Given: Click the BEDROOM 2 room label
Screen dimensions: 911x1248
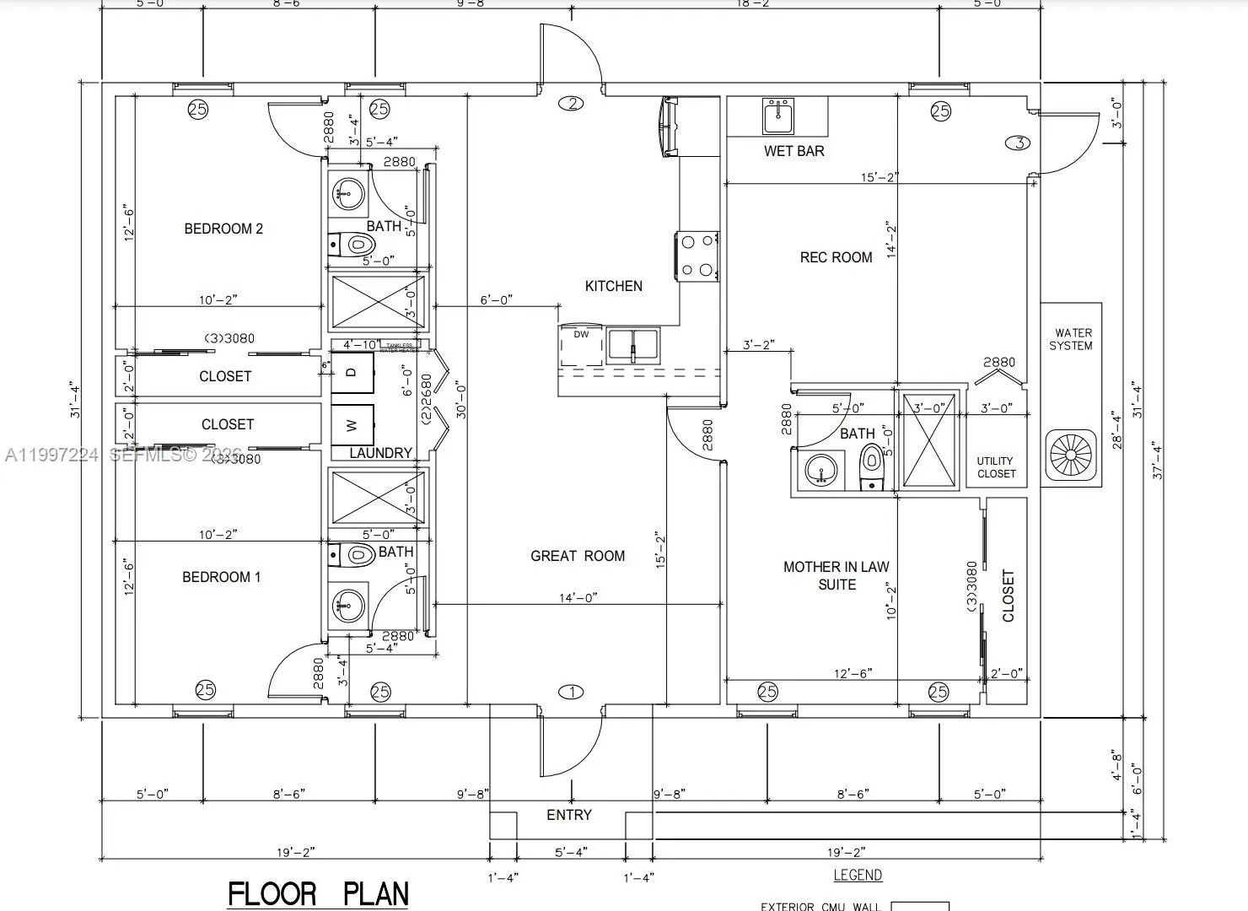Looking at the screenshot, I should pyautogui.click(x=223, y=229).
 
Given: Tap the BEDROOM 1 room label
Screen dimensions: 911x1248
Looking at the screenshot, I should pyautogui.click(x=221, y=577).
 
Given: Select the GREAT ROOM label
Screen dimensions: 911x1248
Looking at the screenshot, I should pyautogui.click(x=578, y=556).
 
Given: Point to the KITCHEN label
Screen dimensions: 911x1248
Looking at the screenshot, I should pyautogui.click(x=614, y=286).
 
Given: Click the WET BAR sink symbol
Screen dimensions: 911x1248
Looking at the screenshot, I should pyautogui.click(x=777, y=116).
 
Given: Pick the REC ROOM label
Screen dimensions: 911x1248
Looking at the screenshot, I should pyautogui.click(x=836, y=257).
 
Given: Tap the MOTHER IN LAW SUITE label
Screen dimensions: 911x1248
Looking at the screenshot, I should pyautogui.click(x=836, y=575).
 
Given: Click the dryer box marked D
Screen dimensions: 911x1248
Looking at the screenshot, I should pyautogui.click(x=352, y=372).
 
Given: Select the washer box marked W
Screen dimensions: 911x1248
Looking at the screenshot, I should pyautogui.click(x=352, y=426).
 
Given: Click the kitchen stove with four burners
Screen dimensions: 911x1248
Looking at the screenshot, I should pyautogui.click(x=697, y=256).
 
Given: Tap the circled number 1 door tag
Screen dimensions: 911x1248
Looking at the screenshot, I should pyautogui.click(x=572, y=693).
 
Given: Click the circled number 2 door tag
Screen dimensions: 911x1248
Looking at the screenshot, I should pyautogui.click(x=572, y=104).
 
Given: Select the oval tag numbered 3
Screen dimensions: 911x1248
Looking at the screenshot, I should pyautogui.click(x=1019, y=143).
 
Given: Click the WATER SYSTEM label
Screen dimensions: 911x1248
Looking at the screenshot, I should pyautogui.click(x=1071, y=339).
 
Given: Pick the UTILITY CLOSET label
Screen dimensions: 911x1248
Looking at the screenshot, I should pyautogui.click(x=996, y=467).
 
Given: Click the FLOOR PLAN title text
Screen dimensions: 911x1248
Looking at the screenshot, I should pyautogui.click(x=318, y=894).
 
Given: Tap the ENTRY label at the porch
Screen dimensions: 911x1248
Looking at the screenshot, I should pyautogui.click(x=569, y=815).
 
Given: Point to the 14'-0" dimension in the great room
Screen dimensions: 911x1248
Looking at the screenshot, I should pyautogui.click(x=578, y=597).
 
